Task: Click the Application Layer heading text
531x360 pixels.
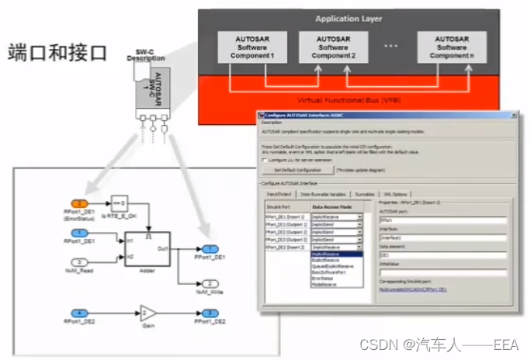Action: coord(349,19)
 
